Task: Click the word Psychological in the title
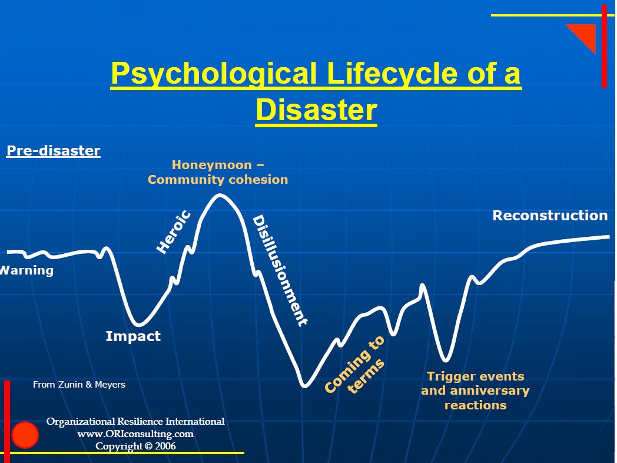214,74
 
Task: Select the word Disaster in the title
316,110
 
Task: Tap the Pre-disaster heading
54,150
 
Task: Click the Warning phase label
26,270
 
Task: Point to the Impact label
133,336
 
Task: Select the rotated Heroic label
174,232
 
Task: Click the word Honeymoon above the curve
212,164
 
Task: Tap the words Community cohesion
218,180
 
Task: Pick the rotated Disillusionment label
280,270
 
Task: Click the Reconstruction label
550,216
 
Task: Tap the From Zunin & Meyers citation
79,385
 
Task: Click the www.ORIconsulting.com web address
135,434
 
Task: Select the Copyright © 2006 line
135,446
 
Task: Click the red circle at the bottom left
25,435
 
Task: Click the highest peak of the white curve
220,195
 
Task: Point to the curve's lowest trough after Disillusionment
304,386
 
